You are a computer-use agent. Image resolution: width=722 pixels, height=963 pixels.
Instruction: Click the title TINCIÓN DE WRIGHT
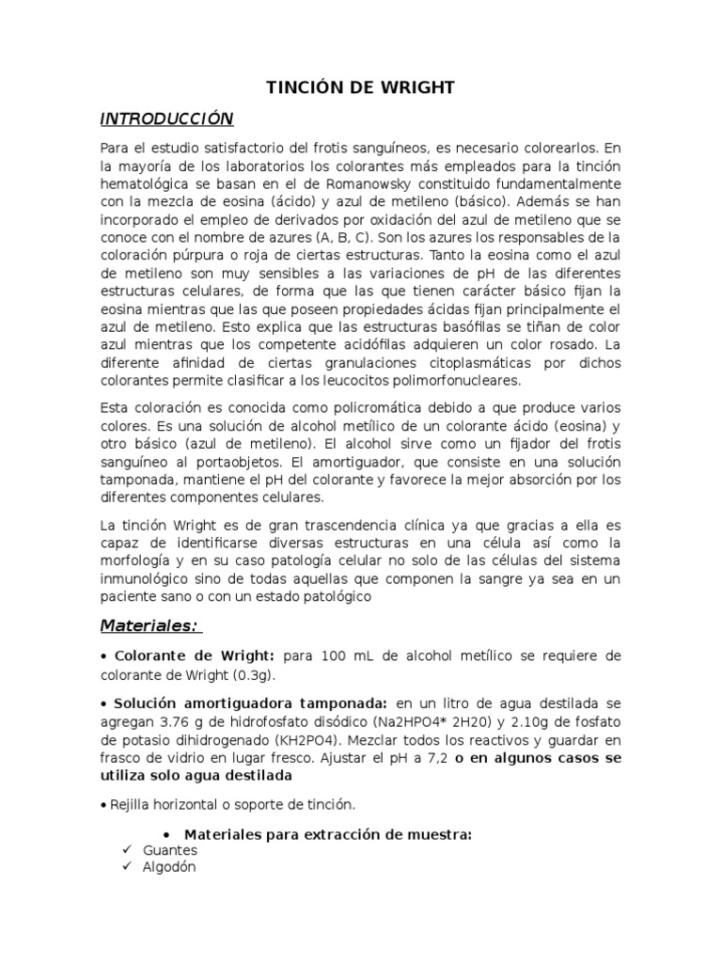point(361,87)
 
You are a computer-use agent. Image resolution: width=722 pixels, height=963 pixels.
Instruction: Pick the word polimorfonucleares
point(465,381)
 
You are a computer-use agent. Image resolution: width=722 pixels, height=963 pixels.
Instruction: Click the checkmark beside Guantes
point(127,850)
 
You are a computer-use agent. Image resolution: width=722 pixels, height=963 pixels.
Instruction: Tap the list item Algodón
point(169,867)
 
